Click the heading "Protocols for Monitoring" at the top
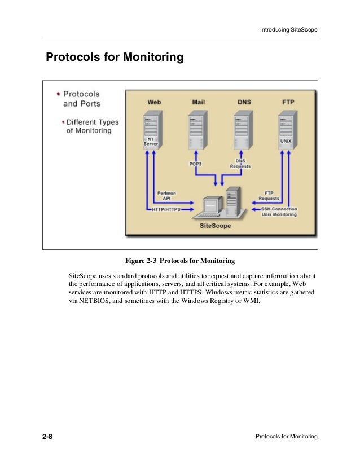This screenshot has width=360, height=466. pos(115,58)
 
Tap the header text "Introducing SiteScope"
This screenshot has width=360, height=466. pos(288,29)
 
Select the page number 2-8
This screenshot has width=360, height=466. pos(47,437)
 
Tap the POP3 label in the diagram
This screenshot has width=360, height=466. pos(196,164)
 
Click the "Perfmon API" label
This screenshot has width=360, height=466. pos(166,196)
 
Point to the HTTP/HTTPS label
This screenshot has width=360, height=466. pos(166,209)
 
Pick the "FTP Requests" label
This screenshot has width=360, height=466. pos(269,196)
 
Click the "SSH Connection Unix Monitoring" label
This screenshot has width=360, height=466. pos(279,212)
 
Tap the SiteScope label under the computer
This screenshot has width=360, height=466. pos(216,225)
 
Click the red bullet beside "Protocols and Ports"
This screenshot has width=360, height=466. pos(58,94)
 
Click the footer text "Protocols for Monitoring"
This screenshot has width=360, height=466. pos(287,437)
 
